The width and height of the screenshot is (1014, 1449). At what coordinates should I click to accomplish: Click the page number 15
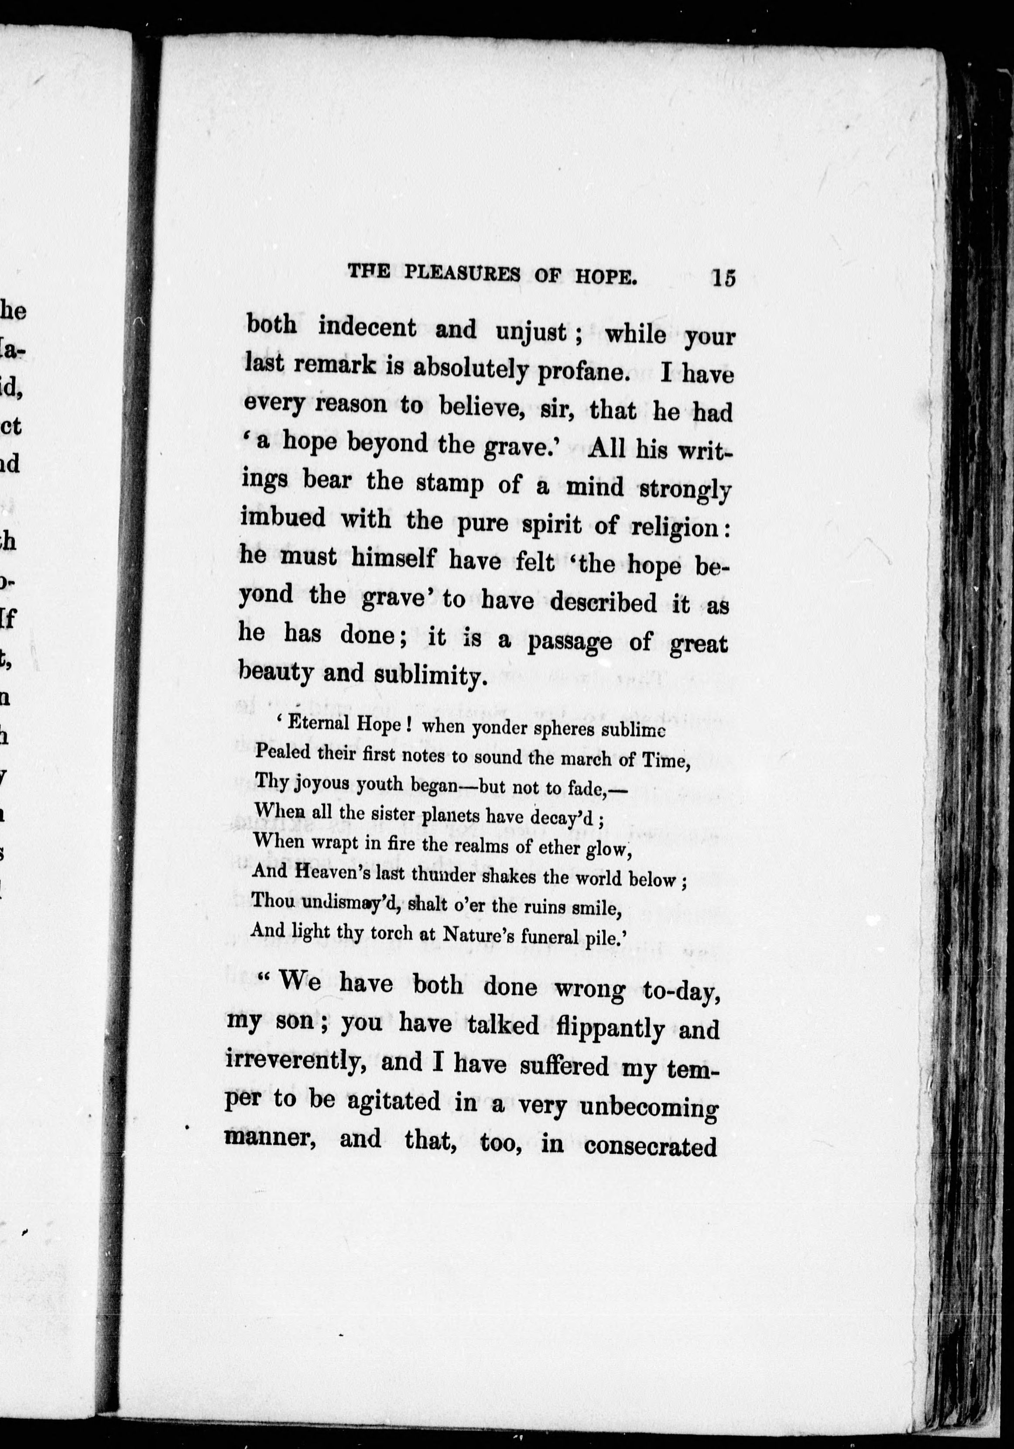click(x=723, y=278)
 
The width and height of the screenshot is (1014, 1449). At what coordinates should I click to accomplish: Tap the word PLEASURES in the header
click(x=462, y=273)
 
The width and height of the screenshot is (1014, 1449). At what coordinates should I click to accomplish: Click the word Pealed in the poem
click(x=281, y=752)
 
